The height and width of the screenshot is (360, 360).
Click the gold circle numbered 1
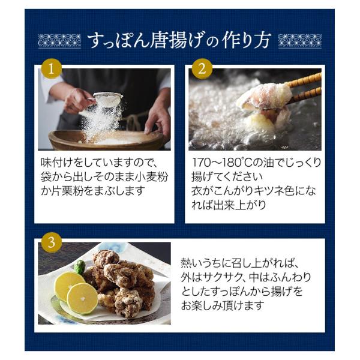52,68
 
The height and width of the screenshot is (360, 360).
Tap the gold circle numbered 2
202,68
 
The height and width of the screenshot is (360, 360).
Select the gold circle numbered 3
52,242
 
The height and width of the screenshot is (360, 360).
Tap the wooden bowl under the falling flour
106,140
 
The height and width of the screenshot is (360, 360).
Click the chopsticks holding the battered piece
302,89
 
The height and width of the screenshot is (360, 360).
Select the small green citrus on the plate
80,267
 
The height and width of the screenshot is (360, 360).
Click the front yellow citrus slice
82,298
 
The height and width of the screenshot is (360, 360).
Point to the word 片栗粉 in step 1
67,191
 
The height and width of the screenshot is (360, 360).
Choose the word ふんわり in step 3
290,277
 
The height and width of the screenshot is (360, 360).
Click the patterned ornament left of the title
59,41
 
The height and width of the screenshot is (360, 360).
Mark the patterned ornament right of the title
300,41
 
